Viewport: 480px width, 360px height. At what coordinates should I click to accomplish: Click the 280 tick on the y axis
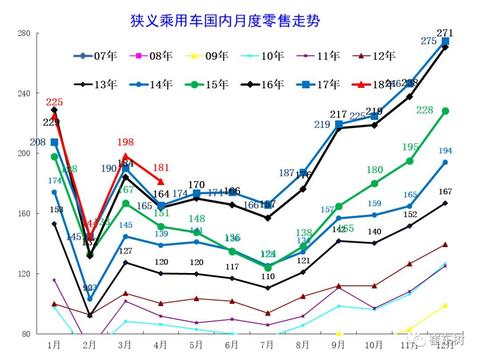click(23, 33)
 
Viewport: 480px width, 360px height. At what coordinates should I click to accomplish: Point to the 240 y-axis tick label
click(23, 93)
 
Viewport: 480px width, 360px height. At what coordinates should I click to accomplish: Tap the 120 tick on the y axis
click(23, 273)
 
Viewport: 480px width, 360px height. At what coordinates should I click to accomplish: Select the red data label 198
click(125, 143)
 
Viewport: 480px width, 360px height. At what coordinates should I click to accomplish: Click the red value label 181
click(161, 167)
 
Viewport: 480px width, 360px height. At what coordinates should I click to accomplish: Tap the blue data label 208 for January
click(40, 142)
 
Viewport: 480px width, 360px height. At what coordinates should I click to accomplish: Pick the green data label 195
click(411, 147)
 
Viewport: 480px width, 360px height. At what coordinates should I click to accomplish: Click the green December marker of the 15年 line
click(445, 111)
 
